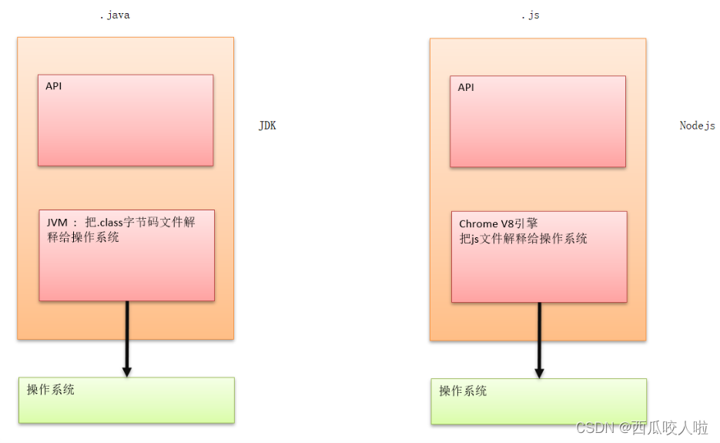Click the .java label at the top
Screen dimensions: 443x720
pos(115,15)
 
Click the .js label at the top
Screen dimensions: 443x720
pos(530,15)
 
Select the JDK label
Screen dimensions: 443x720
pos(267,126)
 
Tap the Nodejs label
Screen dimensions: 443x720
pos(697,126)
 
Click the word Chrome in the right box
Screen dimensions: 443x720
pos(478,224)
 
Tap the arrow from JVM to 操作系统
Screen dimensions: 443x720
pos(127,335)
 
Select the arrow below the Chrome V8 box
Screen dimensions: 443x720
pos(539,337)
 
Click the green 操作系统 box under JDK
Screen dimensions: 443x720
pos(126,400)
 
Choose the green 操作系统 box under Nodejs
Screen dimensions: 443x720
pos(538,401)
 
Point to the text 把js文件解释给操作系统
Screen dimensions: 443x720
pos(523,239)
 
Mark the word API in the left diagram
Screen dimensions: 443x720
pos(54,86)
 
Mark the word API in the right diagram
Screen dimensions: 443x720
pos(466,88)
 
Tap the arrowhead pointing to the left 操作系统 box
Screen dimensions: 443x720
pos(127,371)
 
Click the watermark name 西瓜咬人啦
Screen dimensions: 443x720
pos(669,428)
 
